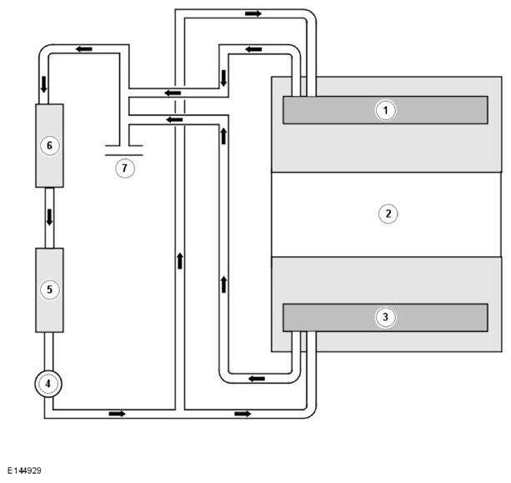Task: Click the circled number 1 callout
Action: point(385,110)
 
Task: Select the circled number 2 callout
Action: point(388,214)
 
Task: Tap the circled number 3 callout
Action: point(385,317)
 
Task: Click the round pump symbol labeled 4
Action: point(48,384)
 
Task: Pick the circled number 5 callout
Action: point(50,289)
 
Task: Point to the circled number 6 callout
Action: point(50,145)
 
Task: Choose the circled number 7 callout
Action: point(125,169)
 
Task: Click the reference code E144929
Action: point(24,470)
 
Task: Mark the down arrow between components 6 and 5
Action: point(49,217)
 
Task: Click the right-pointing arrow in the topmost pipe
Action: point(253,13)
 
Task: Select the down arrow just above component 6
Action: point(43,85)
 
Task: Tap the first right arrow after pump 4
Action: point(117,414)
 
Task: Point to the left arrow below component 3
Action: point(257,379)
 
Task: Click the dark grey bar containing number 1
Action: point(385,110)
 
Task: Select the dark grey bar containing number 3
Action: point(385,318)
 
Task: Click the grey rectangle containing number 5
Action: point(49,290)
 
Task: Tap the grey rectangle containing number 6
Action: point(49,146)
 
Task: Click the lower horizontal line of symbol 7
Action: point(124,155)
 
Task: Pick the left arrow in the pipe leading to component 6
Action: point(83,49)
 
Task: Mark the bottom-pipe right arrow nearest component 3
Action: point(243,414)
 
